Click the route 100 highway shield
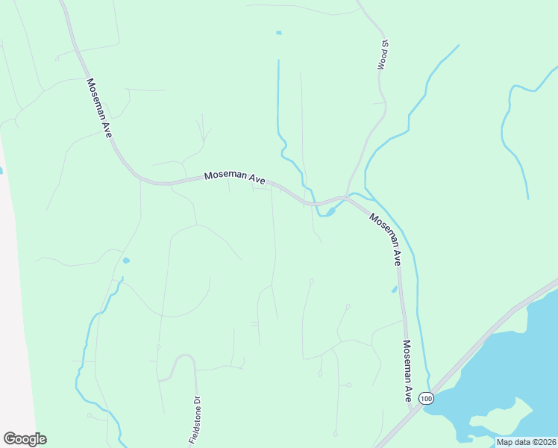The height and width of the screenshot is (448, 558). (x=425, y=399)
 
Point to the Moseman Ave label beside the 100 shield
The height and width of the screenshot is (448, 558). (x=407, y=371)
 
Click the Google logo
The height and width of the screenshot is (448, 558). (x=25, y=439)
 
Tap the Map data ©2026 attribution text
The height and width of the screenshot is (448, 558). (x=526, y=442)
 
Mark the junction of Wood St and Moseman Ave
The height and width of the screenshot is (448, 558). (x=345, y=198)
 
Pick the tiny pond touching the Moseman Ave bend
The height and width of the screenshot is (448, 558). (x=326, y=212)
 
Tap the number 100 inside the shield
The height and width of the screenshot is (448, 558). (x=425, y=399)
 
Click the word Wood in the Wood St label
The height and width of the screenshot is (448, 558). (x=382, y=60)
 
